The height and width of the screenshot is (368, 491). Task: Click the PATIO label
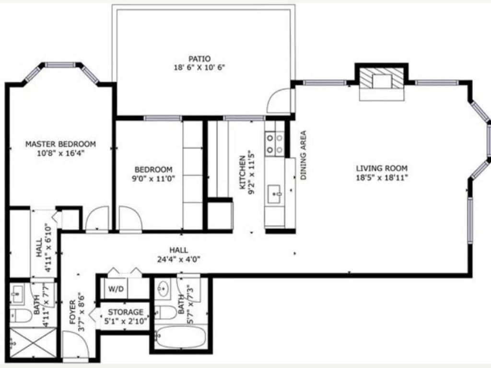coord(199,59)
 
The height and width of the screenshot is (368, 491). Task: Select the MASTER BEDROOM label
coord(60,144)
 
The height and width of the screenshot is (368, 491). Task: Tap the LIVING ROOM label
coord(382,168)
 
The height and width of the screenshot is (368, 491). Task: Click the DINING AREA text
coord(304,155)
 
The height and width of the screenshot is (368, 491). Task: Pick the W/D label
coord(115,289)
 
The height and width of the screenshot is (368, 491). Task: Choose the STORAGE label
coord(125,312)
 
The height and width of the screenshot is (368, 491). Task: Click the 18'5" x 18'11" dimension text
coord(382,177)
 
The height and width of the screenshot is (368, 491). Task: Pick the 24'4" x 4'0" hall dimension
coord(178,259)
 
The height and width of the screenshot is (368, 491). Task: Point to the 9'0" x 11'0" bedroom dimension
coord(153,178)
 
